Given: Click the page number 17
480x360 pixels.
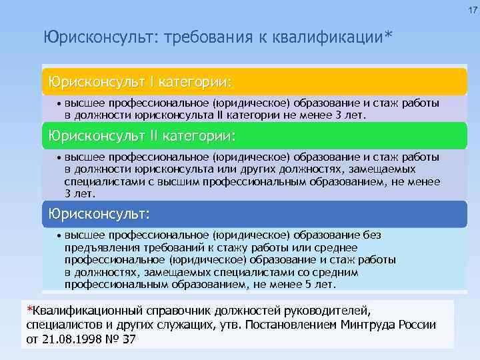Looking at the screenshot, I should pyautogui.click(x=472, y=11).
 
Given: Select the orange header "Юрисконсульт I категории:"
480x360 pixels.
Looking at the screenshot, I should pyautogui.click(x=137, y=83).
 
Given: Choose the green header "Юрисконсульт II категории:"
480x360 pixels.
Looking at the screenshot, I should pyautogui.click(x=139, y=136).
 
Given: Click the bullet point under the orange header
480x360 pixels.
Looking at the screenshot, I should pyautogui.click(x=59, y=104).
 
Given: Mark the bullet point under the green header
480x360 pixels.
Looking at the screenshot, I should pyautogui.click(x=59, y=157).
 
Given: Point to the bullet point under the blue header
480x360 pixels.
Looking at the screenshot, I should pyautogui.click(x=59, y=236).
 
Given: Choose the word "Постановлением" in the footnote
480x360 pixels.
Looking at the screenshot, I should pyautogui.click(x=301, y=325).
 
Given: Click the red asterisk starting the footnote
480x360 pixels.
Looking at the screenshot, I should pyautogui.click(x=29, y=309).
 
